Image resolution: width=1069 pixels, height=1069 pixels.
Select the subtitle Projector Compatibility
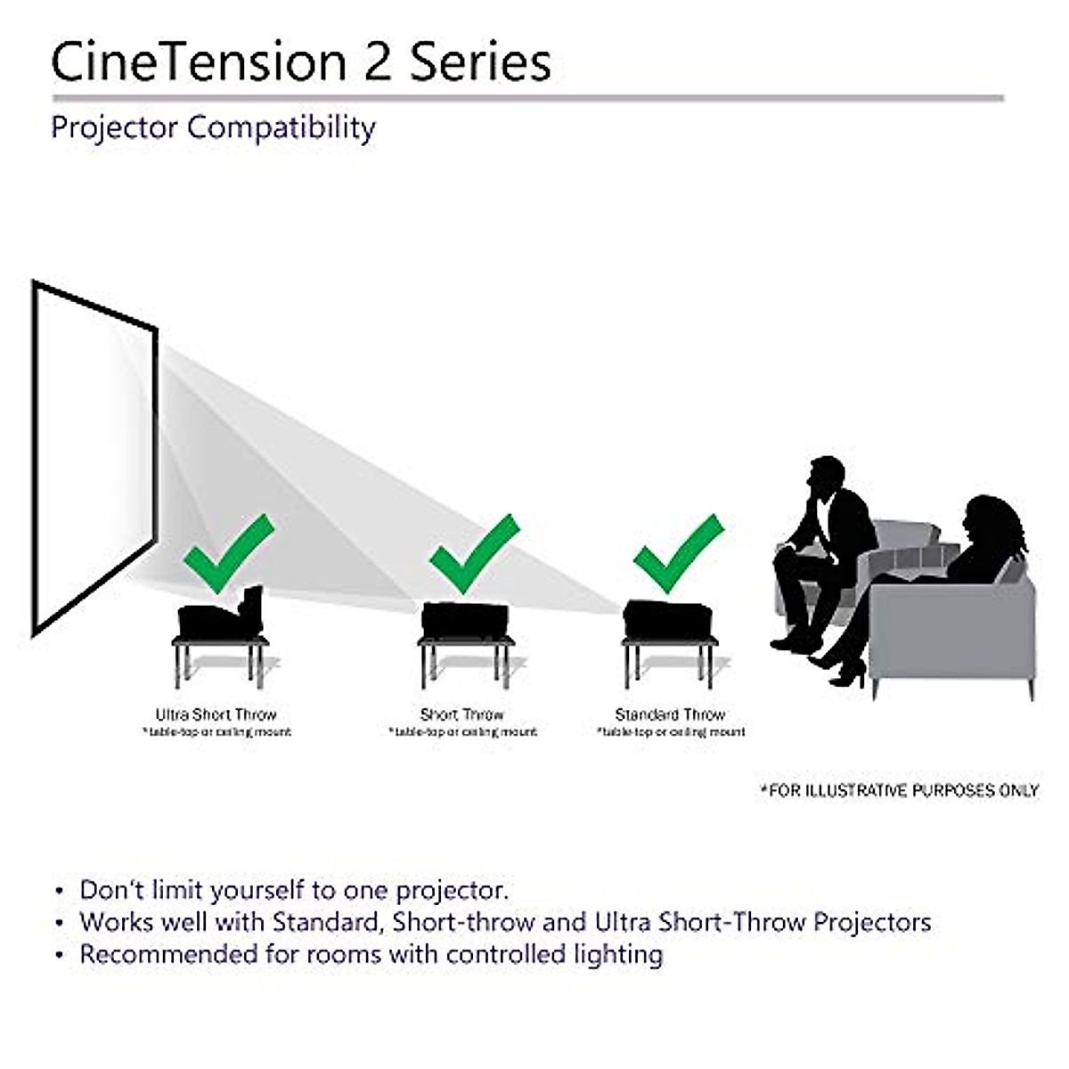pyautogui.click(x=213, y=128)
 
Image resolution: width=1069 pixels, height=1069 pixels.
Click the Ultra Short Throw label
pyautogui.click(x=216, y=714)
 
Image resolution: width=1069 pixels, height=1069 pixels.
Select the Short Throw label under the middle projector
pyautogui.click(x=461, y=714)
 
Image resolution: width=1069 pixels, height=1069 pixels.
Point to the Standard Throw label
pyautogui.click(x=670, y=714)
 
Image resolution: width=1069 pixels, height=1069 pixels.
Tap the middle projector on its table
pyautogui.click(x=465, y=620)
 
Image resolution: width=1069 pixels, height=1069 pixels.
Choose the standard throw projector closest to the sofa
pyautogui.click(x=668, y=620)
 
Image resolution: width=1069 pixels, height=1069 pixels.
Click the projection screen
pyautogui.click(x=94, y=454)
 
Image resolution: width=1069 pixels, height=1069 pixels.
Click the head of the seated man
pyautogui.click(x=827, y=478)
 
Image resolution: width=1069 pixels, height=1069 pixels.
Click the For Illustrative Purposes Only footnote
pyautogui.click(x=899, y=790)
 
